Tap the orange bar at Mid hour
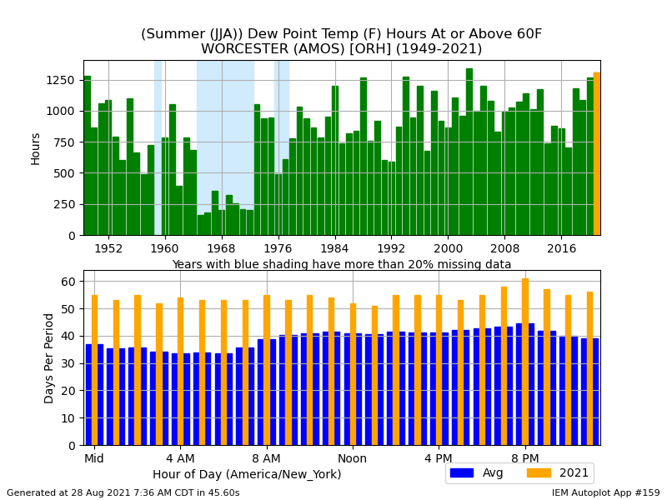tap(94, 370)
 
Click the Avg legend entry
tap(474, 473)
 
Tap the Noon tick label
tap(352, 458)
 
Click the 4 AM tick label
tap(180, 458)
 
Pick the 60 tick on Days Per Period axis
tap(69, 282)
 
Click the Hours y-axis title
tap(36, 147)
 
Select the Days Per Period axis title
tap(49, 357)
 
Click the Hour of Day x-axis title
tap(247, 474)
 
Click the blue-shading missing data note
tap(341, 265)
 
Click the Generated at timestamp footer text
tap(123, 492)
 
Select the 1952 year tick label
tap(108, 248)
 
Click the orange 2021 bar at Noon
tap(353, 374)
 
